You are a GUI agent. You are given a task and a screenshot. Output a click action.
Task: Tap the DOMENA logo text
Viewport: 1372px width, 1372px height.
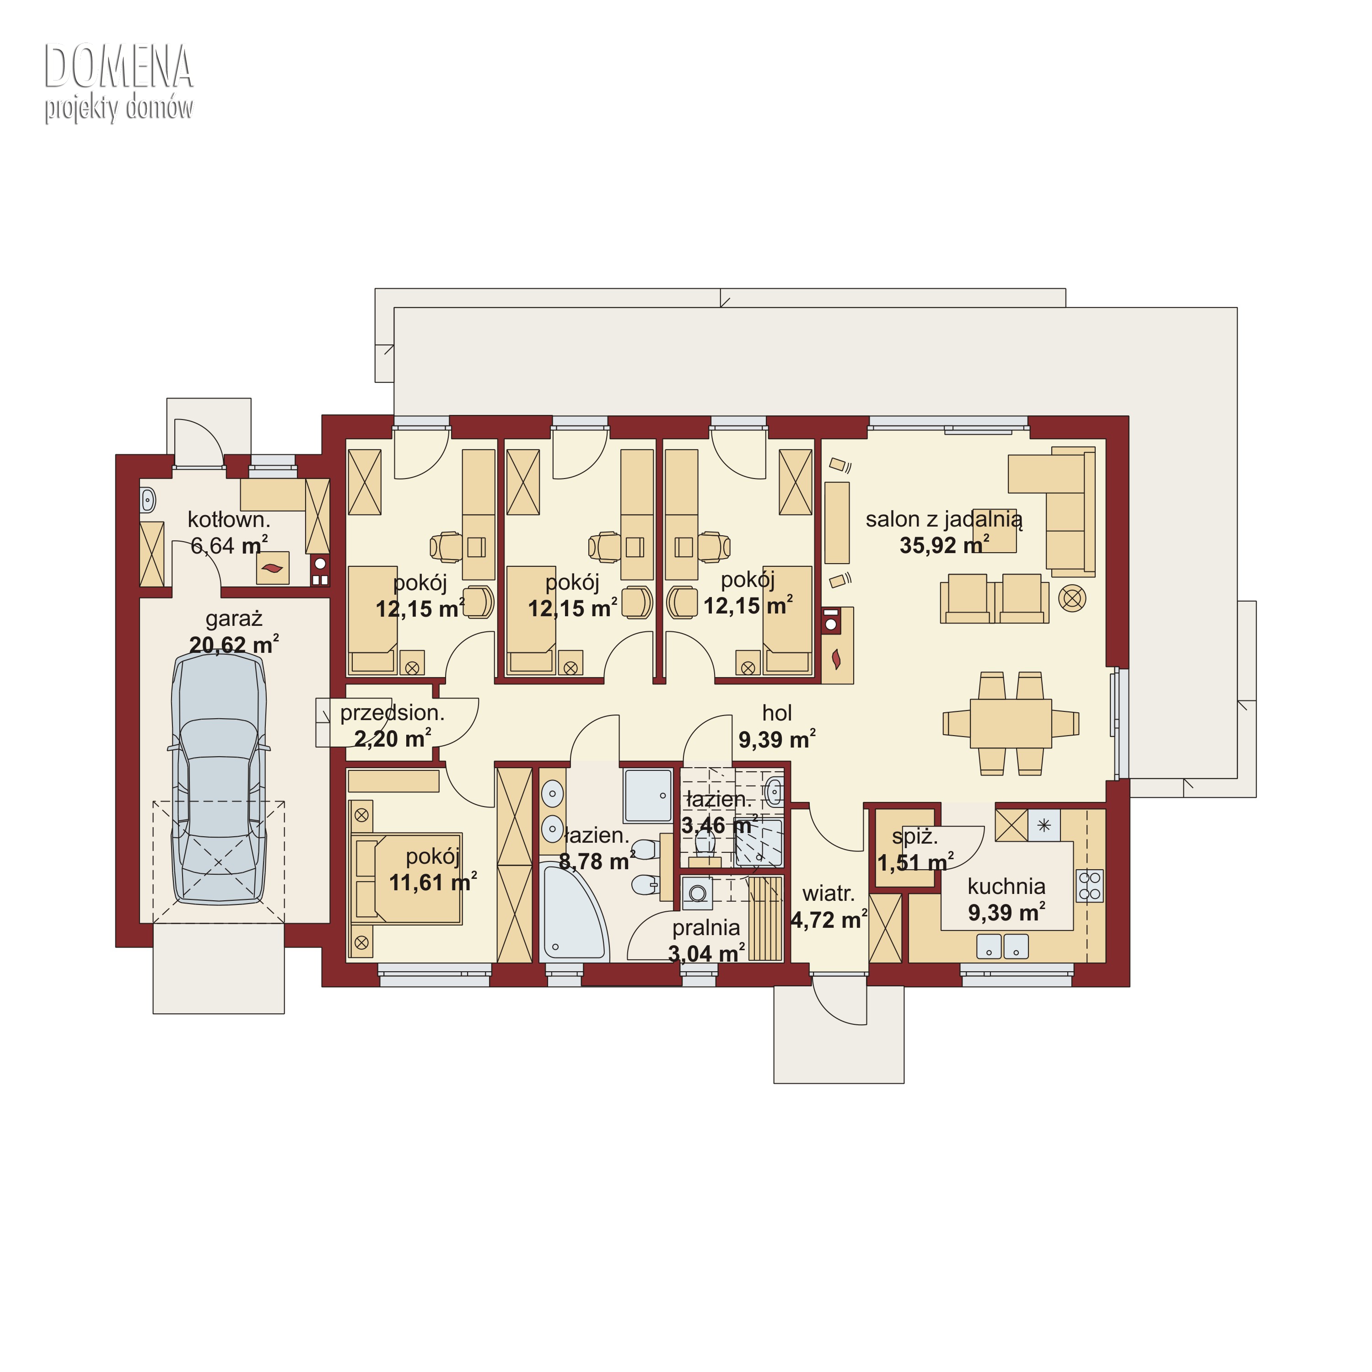pos(118,67)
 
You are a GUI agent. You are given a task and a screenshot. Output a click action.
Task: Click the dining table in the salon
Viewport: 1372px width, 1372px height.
pos(1011,723)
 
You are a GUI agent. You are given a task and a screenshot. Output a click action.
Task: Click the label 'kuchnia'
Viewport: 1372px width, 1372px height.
pos(1006,886)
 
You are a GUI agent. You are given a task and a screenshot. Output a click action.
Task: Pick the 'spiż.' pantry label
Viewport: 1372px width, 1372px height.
pos(915,837)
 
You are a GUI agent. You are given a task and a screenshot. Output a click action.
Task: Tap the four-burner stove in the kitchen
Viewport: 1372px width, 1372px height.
pos(1089,886)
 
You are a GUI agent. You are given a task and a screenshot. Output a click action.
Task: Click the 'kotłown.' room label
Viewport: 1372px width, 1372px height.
pos(229,520)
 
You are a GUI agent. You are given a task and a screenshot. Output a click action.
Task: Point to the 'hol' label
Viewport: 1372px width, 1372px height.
pos(777,713)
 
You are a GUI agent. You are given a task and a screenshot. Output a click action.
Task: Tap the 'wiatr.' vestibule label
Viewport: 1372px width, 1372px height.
pos(828,893)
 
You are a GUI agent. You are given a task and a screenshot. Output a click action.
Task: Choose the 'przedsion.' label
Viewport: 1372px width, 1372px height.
pos(392,713)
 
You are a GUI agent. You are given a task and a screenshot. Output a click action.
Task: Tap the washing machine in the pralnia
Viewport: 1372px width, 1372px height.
pos(697,893)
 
